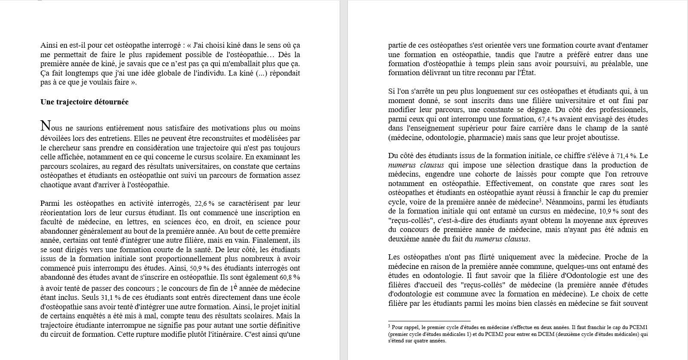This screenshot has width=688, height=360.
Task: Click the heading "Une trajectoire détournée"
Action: tap(84, 102)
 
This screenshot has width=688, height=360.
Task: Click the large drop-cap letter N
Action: tap(46, 126)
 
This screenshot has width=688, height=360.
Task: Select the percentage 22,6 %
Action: tap(204, 204)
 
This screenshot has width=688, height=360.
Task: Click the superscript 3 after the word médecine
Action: tap(539, 200)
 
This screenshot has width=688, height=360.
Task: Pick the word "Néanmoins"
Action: tap(561, 202)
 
